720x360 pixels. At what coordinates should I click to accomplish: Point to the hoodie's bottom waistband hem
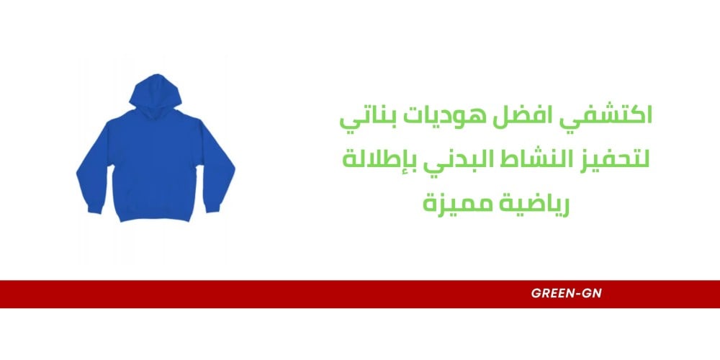pos(156,216)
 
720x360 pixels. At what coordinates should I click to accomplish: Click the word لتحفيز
pos(613,159)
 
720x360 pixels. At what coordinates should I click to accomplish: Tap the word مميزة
pos(454,202)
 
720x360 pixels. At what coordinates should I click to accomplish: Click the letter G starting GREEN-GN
pos(536,294)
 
